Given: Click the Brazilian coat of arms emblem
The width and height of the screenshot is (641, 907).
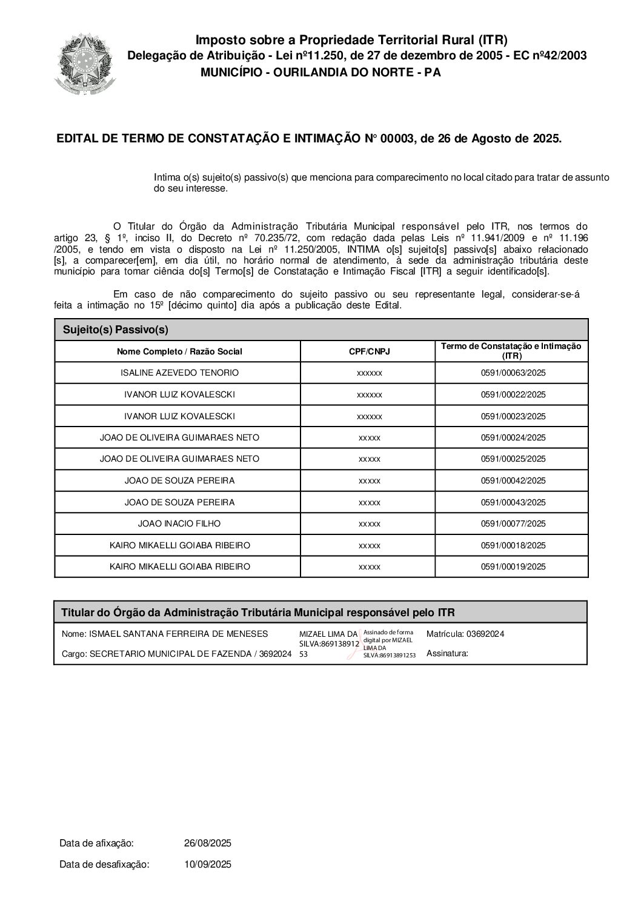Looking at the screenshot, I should tap(85, 63).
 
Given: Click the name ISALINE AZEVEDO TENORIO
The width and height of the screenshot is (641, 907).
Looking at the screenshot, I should tap(180, 373).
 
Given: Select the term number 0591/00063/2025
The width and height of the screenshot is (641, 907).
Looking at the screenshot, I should tap(513, 373).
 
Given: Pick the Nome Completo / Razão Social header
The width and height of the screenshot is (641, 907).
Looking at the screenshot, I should tap(179, 351).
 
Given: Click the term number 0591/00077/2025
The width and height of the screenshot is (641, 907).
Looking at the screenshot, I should tap(513, 523).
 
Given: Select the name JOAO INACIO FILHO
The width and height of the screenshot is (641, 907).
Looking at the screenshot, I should tap(179, 523).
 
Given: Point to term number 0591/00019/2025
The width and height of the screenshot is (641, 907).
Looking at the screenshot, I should tap(513, 566).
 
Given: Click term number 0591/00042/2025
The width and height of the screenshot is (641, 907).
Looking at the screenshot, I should tap(513, 480).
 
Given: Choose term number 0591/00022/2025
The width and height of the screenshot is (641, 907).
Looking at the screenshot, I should tap(513, 394).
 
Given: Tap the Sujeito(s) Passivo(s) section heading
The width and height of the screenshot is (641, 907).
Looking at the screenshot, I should tap(115, 330).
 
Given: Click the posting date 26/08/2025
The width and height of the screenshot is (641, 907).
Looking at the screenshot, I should tap(208, 843).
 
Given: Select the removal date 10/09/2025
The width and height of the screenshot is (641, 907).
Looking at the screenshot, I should tap(208, 865).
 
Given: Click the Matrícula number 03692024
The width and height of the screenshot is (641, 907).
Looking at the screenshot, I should tap(485, 634).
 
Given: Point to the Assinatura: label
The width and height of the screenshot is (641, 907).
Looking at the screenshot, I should tap(447, 654).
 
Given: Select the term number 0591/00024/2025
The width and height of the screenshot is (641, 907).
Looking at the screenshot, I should tap(513, 437).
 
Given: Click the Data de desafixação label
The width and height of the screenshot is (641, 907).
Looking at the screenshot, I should tap(104, 865).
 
